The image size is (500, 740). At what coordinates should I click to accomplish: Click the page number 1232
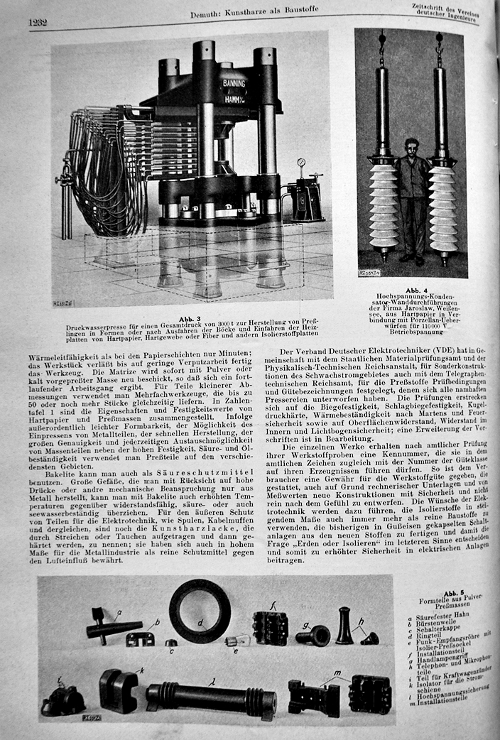[38, 22]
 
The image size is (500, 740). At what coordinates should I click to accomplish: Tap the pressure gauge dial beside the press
[301, 163]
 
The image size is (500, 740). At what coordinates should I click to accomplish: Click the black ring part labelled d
[200, 610]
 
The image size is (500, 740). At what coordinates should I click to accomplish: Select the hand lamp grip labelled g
[313, 634]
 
